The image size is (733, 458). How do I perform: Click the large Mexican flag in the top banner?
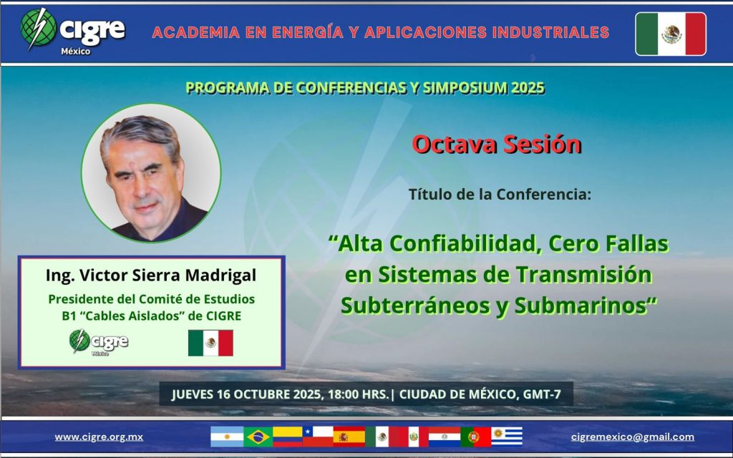[x=671, y=34]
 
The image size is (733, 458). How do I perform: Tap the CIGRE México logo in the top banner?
[x=72, y=31]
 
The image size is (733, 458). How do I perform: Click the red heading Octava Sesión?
[x=497, y=144]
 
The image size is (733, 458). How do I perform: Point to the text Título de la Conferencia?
[x=500, y=194]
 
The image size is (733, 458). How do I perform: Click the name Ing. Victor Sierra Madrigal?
[x=151, y=276]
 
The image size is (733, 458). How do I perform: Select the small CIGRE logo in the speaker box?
[x=99, y=342]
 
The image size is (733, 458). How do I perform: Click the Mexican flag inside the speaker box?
[x=210, y=343]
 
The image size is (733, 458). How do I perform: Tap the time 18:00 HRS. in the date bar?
[x=358, y=394]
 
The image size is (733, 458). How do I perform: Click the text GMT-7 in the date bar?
[x=542, y=394]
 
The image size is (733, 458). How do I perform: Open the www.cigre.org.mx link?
[x=99, y=437]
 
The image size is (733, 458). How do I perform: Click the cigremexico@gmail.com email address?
[x=633, y=437]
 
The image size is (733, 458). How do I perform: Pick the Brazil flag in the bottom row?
[x=258, y=437]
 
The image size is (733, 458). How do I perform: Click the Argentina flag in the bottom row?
[x=227, y=437]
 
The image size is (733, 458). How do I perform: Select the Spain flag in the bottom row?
[x=349, y=437]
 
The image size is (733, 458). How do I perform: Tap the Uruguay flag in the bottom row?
[x=507, y=437]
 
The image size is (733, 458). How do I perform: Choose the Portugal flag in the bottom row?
[x=476, y=437]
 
